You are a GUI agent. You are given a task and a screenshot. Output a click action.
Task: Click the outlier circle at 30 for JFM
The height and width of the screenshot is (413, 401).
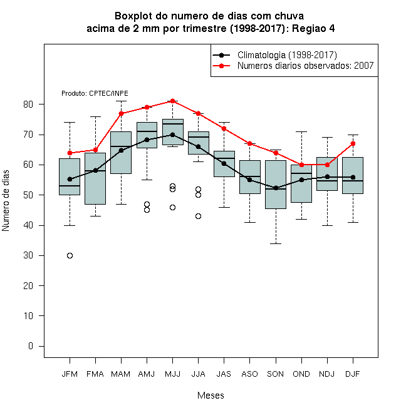coord(70,255)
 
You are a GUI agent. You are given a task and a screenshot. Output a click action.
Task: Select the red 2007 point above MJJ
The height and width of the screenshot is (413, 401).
coord(172,101)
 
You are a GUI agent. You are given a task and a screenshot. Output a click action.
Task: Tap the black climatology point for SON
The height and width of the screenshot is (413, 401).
coord(276,188)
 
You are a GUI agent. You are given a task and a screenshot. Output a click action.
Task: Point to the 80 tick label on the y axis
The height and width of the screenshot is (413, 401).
coord(28,105)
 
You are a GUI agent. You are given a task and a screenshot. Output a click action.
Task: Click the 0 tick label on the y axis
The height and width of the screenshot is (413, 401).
coord(31,346)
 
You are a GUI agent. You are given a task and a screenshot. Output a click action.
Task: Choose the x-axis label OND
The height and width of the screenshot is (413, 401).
coord(301,374)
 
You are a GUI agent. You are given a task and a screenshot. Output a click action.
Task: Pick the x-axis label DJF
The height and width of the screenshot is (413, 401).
coord(353,374)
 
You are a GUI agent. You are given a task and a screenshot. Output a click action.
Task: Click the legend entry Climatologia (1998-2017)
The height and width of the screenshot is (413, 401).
coord(275,55)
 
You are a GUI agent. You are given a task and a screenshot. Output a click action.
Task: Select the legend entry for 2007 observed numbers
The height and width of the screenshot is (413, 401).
coord(293,66)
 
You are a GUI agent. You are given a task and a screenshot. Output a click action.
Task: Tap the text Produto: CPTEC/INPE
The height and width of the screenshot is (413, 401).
coord(95,93)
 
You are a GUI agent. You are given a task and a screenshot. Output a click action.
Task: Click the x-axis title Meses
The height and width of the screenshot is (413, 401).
coord(211,395)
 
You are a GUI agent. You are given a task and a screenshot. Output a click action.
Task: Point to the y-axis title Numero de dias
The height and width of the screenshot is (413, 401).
coord(6,201)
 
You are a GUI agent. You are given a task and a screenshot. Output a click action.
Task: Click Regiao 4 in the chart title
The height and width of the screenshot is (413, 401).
coord(313,28)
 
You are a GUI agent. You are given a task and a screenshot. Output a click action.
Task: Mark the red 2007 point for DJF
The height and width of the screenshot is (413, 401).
coord(353,143)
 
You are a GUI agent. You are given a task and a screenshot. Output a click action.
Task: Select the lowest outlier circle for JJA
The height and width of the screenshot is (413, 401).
coord(198,217)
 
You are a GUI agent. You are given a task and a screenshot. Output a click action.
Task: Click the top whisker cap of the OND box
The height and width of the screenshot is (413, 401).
coord(301,131)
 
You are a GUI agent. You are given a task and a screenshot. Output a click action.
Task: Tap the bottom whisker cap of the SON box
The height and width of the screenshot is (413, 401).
coord(276,243)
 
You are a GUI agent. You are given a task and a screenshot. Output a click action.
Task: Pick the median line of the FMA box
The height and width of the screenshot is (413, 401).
coord(95,171)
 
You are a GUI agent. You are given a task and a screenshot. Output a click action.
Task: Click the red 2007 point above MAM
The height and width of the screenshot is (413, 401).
coord(121,113)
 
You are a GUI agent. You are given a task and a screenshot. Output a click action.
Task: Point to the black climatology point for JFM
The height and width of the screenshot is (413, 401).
coord(70,179)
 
